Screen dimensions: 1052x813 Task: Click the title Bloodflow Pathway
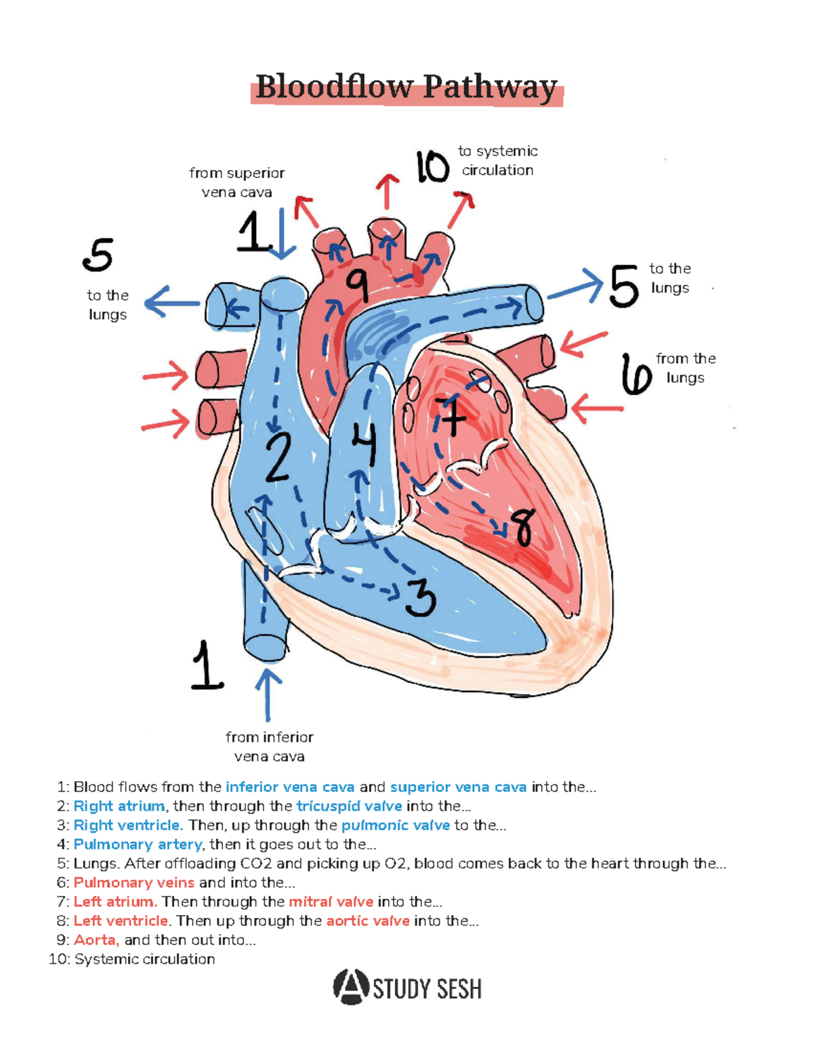406,88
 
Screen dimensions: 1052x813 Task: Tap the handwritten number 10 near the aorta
432,167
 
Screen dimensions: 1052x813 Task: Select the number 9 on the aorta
357,285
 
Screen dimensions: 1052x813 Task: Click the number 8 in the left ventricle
522,527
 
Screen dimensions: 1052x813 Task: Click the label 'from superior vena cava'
237,183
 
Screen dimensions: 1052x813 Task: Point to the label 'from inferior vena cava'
269,746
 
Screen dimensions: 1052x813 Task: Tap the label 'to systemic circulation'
498,161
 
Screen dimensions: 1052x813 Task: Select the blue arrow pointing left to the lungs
171,301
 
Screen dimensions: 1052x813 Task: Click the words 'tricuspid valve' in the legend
349,806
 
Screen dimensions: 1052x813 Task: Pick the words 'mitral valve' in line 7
331,902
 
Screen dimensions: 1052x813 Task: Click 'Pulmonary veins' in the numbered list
133,883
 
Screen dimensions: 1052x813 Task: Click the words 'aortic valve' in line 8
368,921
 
